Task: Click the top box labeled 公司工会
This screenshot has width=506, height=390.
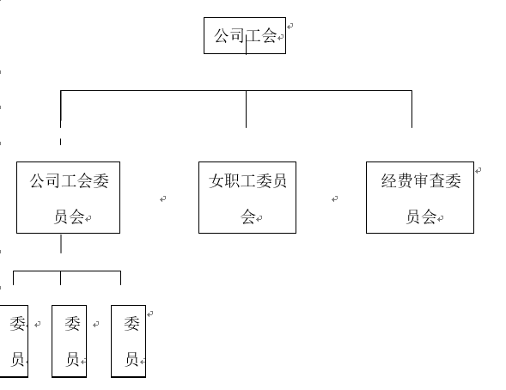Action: (244, 36)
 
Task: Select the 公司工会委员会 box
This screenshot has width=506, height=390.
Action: (68, 197)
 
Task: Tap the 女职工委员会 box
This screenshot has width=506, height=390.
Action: (247, 197)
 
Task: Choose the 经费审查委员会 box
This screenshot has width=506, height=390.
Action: (419, 197)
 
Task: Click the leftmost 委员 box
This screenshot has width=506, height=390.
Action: (14, 341)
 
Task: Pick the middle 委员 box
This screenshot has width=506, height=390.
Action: (70, 341)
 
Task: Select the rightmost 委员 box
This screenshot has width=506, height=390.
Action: (128, 341)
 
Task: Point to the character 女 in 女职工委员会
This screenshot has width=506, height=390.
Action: (216, 181)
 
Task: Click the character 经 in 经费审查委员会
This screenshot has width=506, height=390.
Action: (388, 181)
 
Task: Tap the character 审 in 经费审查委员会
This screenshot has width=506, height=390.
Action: (421, 181)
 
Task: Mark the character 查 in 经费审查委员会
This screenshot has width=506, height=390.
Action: (437, 181)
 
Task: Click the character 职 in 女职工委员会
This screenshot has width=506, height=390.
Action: (233, 181)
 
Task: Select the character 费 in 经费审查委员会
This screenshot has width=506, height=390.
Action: (405, 181)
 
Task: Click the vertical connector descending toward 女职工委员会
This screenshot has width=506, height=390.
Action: (247, 109)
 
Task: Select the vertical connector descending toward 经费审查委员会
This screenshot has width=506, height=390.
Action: (412, 109)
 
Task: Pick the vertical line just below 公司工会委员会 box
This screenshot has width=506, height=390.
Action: (61, 244)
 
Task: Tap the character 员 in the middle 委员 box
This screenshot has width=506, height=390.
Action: (72, 360)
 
